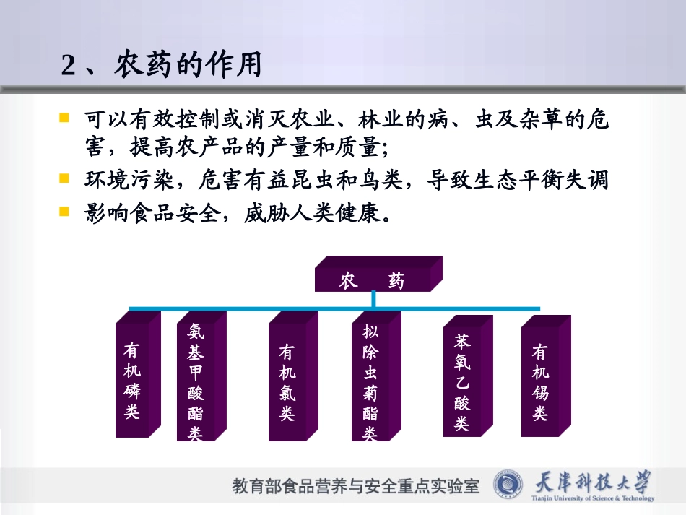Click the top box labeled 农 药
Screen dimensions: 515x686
click(x=373, y=280)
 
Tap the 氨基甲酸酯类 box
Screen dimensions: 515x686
click(x=196, y=381)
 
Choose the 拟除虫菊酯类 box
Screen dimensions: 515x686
click(x=370, y=382)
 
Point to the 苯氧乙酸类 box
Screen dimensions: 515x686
click(x=462, y=381)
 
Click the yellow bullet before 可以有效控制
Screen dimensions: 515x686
click(x=64, y=117)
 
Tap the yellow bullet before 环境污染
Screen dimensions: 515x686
click(x=64, y=178)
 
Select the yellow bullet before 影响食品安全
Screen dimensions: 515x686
click(x=64, y=212)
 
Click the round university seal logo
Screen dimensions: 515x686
click(x=510, y=485)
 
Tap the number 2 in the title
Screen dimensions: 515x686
click(x=69, y=66)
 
